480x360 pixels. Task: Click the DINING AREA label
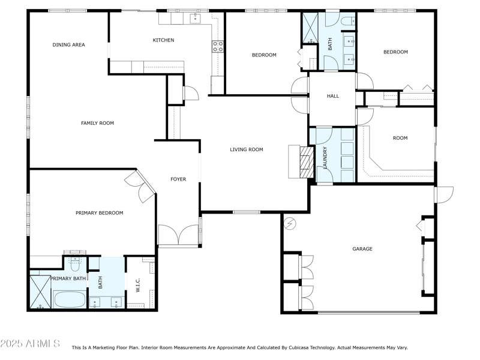[68, 44]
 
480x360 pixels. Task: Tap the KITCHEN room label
[163, 40]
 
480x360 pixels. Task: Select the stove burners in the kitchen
[217, 46]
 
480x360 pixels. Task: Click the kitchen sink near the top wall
[196, 19]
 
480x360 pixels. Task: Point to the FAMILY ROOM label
[97, 123]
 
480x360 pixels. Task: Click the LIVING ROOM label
[247, 149]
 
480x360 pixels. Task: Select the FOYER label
[178, 179]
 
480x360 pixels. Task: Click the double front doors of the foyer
[178, 235]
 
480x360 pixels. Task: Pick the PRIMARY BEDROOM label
[99, 212]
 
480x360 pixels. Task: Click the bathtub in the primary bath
[70, 298]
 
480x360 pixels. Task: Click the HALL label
[332, 96]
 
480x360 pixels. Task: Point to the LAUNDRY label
[325, 157]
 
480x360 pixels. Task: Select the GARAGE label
[362, 248]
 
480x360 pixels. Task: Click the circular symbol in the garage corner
[290, 223]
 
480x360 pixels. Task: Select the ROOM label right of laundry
[400, 138]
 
